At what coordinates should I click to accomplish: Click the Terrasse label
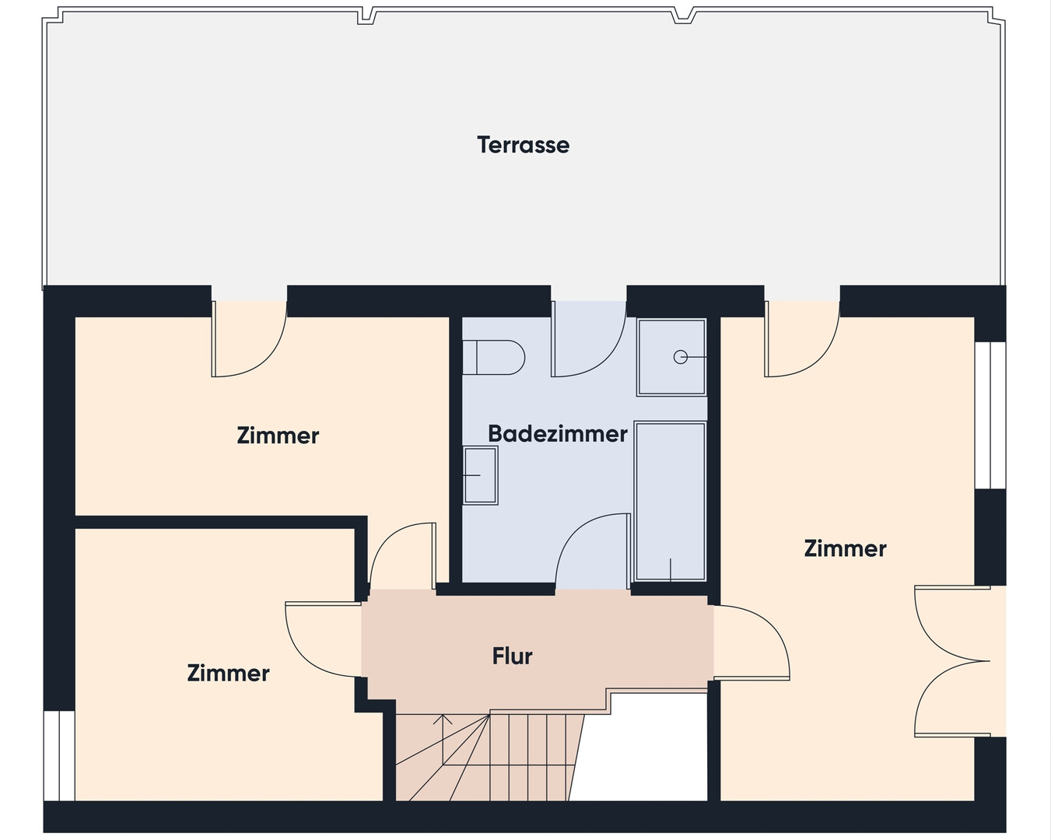pos(523,145)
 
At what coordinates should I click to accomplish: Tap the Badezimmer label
pos(558,434)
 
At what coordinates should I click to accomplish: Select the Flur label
pos(512,656)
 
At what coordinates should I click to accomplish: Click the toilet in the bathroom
pos(493,358)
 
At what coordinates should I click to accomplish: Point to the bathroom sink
pos(480,475)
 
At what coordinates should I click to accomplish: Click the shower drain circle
pos(681,358)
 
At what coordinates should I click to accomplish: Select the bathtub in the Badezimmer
pos(670,502)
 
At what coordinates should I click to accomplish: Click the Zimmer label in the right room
pos(845,548)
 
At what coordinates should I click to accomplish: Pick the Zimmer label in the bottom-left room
pos(228,673)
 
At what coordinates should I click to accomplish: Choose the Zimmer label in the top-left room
pos(278,435)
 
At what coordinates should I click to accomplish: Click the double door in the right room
pos(952,661)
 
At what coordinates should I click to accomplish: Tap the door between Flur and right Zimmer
pos(751,642)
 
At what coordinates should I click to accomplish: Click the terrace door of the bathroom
pos(589,339)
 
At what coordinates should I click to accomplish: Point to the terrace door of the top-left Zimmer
pos(249,339)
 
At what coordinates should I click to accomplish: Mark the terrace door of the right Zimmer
pos(802,339)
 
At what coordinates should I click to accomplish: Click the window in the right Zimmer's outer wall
pos(990,415)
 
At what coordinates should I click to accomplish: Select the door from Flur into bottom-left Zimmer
pos(324,640)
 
